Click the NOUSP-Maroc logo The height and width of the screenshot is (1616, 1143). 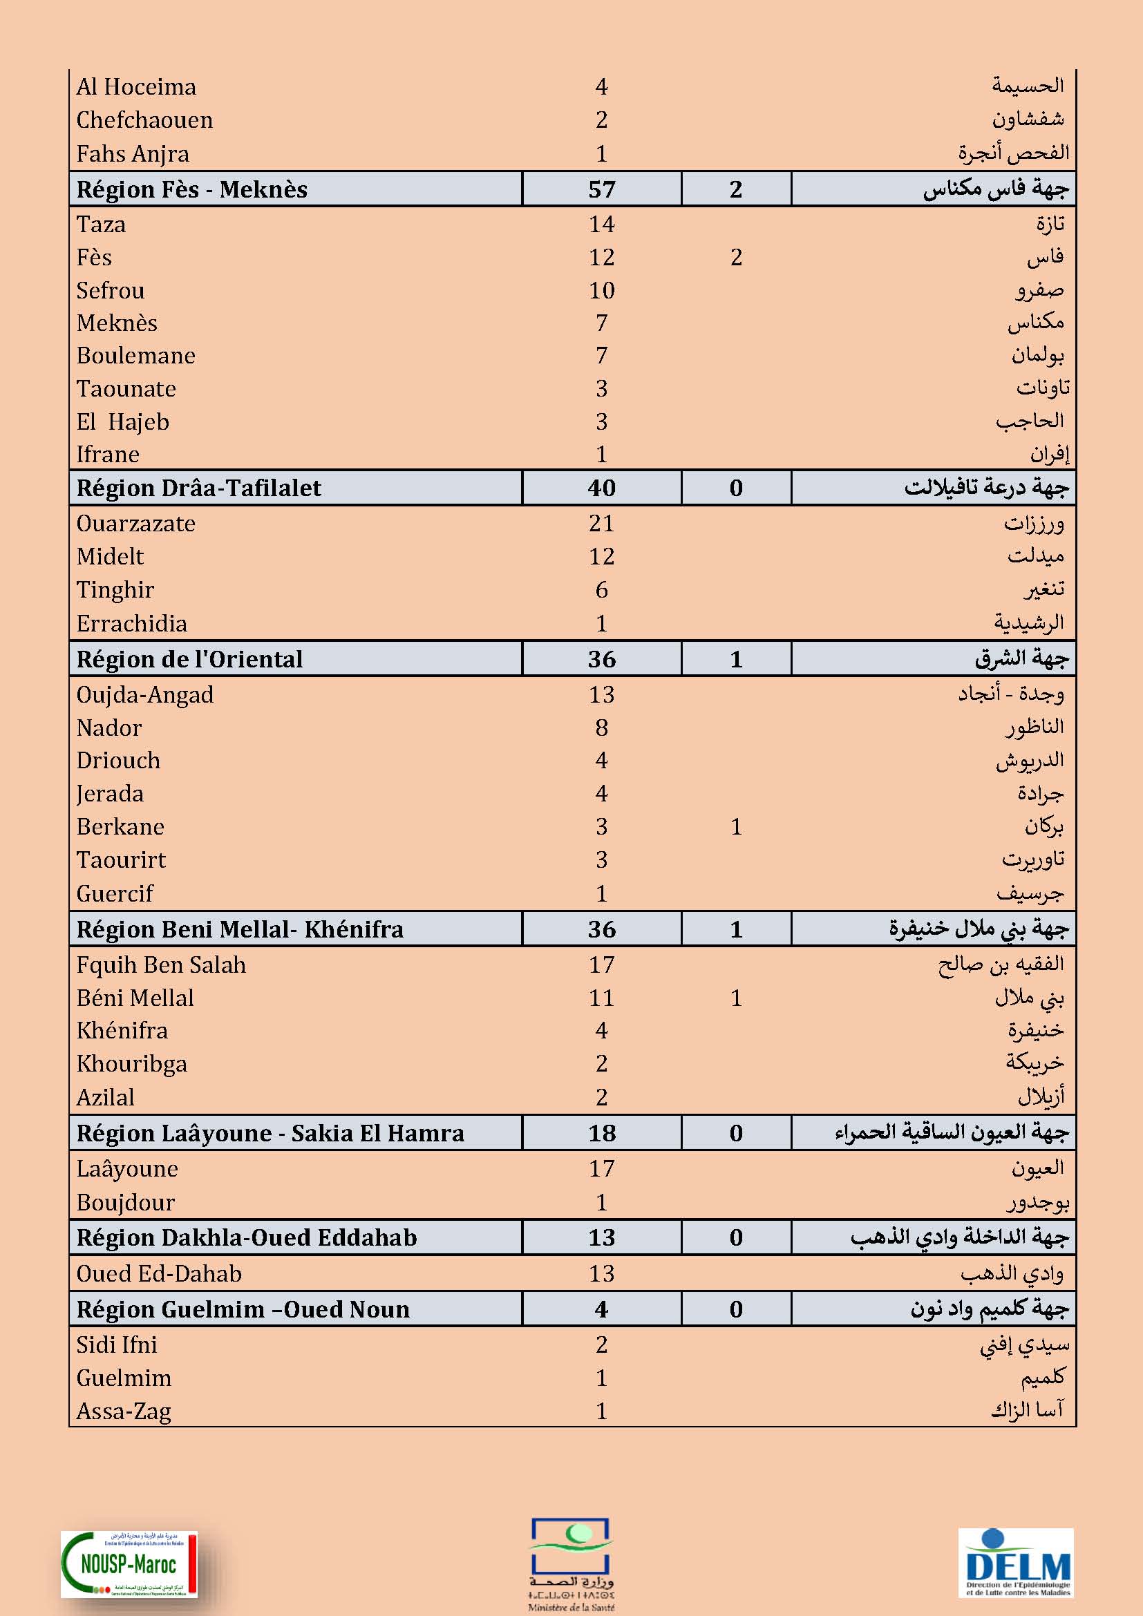point(129,1564)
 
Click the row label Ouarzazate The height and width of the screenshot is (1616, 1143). point(136,524)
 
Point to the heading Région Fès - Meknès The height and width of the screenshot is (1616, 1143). point(192,189)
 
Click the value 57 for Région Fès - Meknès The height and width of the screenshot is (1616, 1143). point(602,189)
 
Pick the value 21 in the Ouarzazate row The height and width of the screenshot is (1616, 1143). point(602,524)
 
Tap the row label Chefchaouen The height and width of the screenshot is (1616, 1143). point(144,120)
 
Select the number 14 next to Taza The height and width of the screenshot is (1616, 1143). point(602,225)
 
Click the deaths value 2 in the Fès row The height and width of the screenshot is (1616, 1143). point(736,258)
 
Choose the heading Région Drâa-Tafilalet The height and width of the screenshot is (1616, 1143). point(198,488)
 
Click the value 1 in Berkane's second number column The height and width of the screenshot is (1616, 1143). point(736,827)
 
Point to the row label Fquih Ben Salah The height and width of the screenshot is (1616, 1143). point(161,965)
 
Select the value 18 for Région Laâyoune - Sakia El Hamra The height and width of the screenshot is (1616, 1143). point(602,1133)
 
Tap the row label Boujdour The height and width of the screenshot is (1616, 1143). point(125,1202)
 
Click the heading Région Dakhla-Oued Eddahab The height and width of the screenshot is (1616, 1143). point(246,1237)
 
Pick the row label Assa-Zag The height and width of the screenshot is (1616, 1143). point(124,1411)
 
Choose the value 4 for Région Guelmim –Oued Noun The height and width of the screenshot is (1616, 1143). point(602,1309)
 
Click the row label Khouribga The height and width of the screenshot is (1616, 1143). point(131,1064)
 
